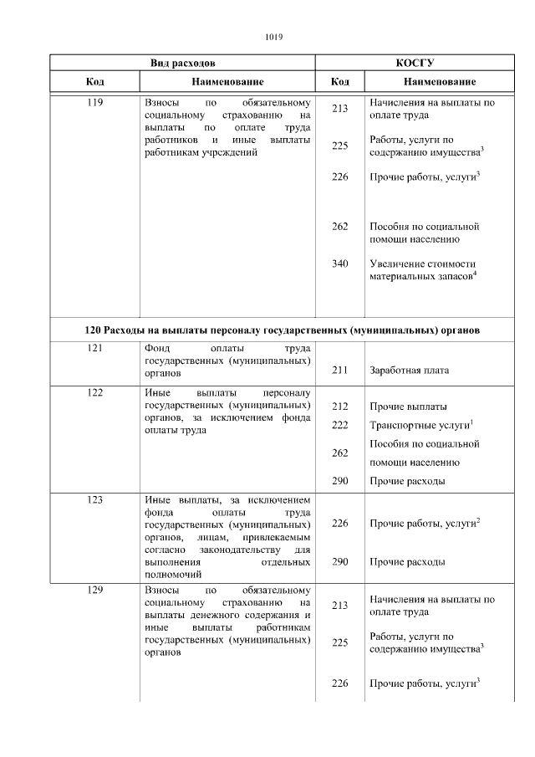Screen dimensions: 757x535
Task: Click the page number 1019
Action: coord(273,37)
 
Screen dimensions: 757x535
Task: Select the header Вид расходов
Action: coord(182,63)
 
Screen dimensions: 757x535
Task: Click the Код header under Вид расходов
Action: coord(94,82)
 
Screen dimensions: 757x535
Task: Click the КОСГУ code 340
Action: coord(339,264)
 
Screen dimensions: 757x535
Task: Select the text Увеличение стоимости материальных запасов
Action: coord(422,270)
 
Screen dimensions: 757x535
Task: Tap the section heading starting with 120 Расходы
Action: coord(282,330)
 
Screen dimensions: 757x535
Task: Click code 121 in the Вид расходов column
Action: coord(94,348)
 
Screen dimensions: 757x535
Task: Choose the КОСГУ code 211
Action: coord(339,369)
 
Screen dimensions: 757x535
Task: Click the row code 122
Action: coord(94,391)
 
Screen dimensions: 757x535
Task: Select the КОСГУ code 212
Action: coord(339,407)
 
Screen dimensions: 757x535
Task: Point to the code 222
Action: coord(339,425)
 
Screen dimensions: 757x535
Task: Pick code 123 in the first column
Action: coord(94,500)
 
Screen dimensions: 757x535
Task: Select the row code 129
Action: coord(94,591)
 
